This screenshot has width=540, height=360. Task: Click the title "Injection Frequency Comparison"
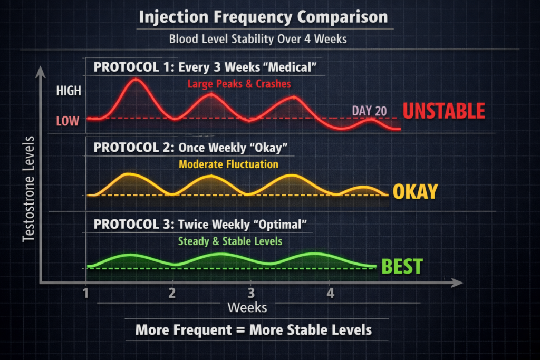(x=263, y=17)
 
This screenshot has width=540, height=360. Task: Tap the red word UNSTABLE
(x=443, y=111)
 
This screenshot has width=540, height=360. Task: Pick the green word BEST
(x=402, y=266)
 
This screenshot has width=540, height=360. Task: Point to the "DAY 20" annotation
(x=369, y=111)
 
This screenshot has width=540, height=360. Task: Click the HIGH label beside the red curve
(x=69, y=91)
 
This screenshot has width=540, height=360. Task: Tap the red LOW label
(x=67, y=121)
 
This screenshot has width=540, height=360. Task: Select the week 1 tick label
(x=85, y=293)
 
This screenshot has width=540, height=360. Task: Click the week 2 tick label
(x=172, y=293)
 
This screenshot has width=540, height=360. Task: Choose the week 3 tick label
(x=251, y=293)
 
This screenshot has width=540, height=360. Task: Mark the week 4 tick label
(x=330, y=293)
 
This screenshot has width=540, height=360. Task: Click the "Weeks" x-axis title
(x=247, y=307)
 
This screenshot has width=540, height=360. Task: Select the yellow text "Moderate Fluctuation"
(x=228, y=164)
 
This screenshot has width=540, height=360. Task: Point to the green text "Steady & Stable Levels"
(x=229, y=241)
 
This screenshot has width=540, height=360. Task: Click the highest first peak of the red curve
(x=136, y=79)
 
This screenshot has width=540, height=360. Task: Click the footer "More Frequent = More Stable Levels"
(x=254, y=330)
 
